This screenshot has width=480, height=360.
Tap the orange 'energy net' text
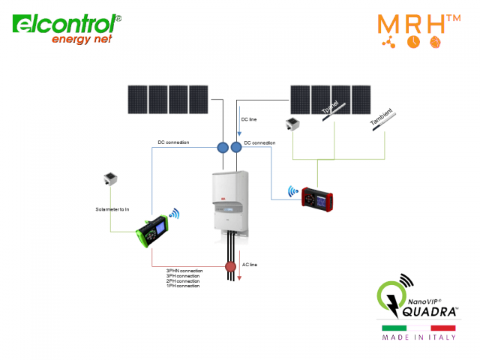click(x=82, y=39)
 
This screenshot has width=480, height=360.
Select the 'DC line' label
click(x=250, y=119)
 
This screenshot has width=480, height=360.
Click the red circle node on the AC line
click(x=231, y=267)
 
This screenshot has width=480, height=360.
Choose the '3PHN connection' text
click(x=184, y=270)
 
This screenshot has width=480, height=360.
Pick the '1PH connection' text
click(x=183, y=286)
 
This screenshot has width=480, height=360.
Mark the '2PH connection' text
click(x=183, y=280)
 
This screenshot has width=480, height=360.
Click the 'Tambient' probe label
click(x=380, y=120)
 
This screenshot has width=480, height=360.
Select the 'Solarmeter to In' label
click(x=113, y=208)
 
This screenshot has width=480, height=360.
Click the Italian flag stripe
click(x=418, y=328)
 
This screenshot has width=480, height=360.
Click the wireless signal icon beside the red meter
click(x=292, y=192)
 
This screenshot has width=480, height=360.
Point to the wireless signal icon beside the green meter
click(x=175, y=214)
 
